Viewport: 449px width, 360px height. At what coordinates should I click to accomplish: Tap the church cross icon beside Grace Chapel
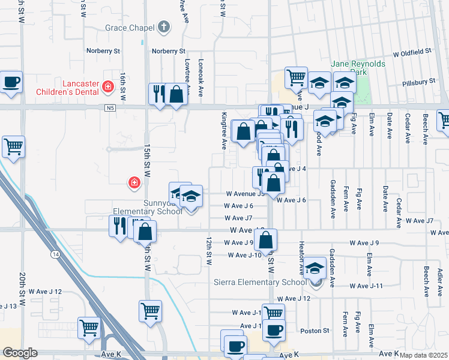163,28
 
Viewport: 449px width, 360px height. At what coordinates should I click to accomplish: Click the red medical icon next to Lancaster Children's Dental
108,87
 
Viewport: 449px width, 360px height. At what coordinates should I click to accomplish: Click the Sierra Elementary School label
260,283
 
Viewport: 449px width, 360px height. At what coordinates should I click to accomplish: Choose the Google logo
20,353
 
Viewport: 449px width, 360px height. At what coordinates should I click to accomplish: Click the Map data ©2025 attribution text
424,355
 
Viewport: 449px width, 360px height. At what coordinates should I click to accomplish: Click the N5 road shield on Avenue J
109,108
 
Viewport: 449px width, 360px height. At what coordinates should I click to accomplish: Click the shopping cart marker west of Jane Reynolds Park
296,77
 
